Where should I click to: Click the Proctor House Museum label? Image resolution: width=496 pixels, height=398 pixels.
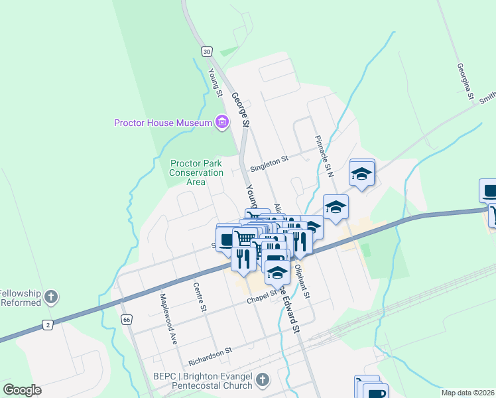162,122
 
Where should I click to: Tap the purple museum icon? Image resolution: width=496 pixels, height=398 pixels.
221,122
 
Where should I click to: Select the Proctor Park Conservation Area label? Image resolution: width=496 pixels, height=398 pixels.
196,172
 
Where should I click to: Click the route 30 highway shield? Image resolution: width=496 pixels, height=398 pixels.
207,52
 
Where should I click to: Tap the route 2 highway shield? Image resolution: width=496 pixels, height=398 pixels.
48,324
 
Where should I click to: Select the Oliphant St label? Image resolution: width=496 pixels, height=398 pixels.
302,281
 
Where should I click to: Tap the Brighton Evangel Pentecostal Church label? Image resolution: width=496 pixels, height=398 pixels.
203,381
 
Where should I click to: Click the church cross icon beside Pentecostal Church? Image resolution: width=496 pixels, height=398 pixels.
263,380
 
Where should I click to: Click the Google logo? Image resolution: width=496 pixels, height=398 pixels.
21,390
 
